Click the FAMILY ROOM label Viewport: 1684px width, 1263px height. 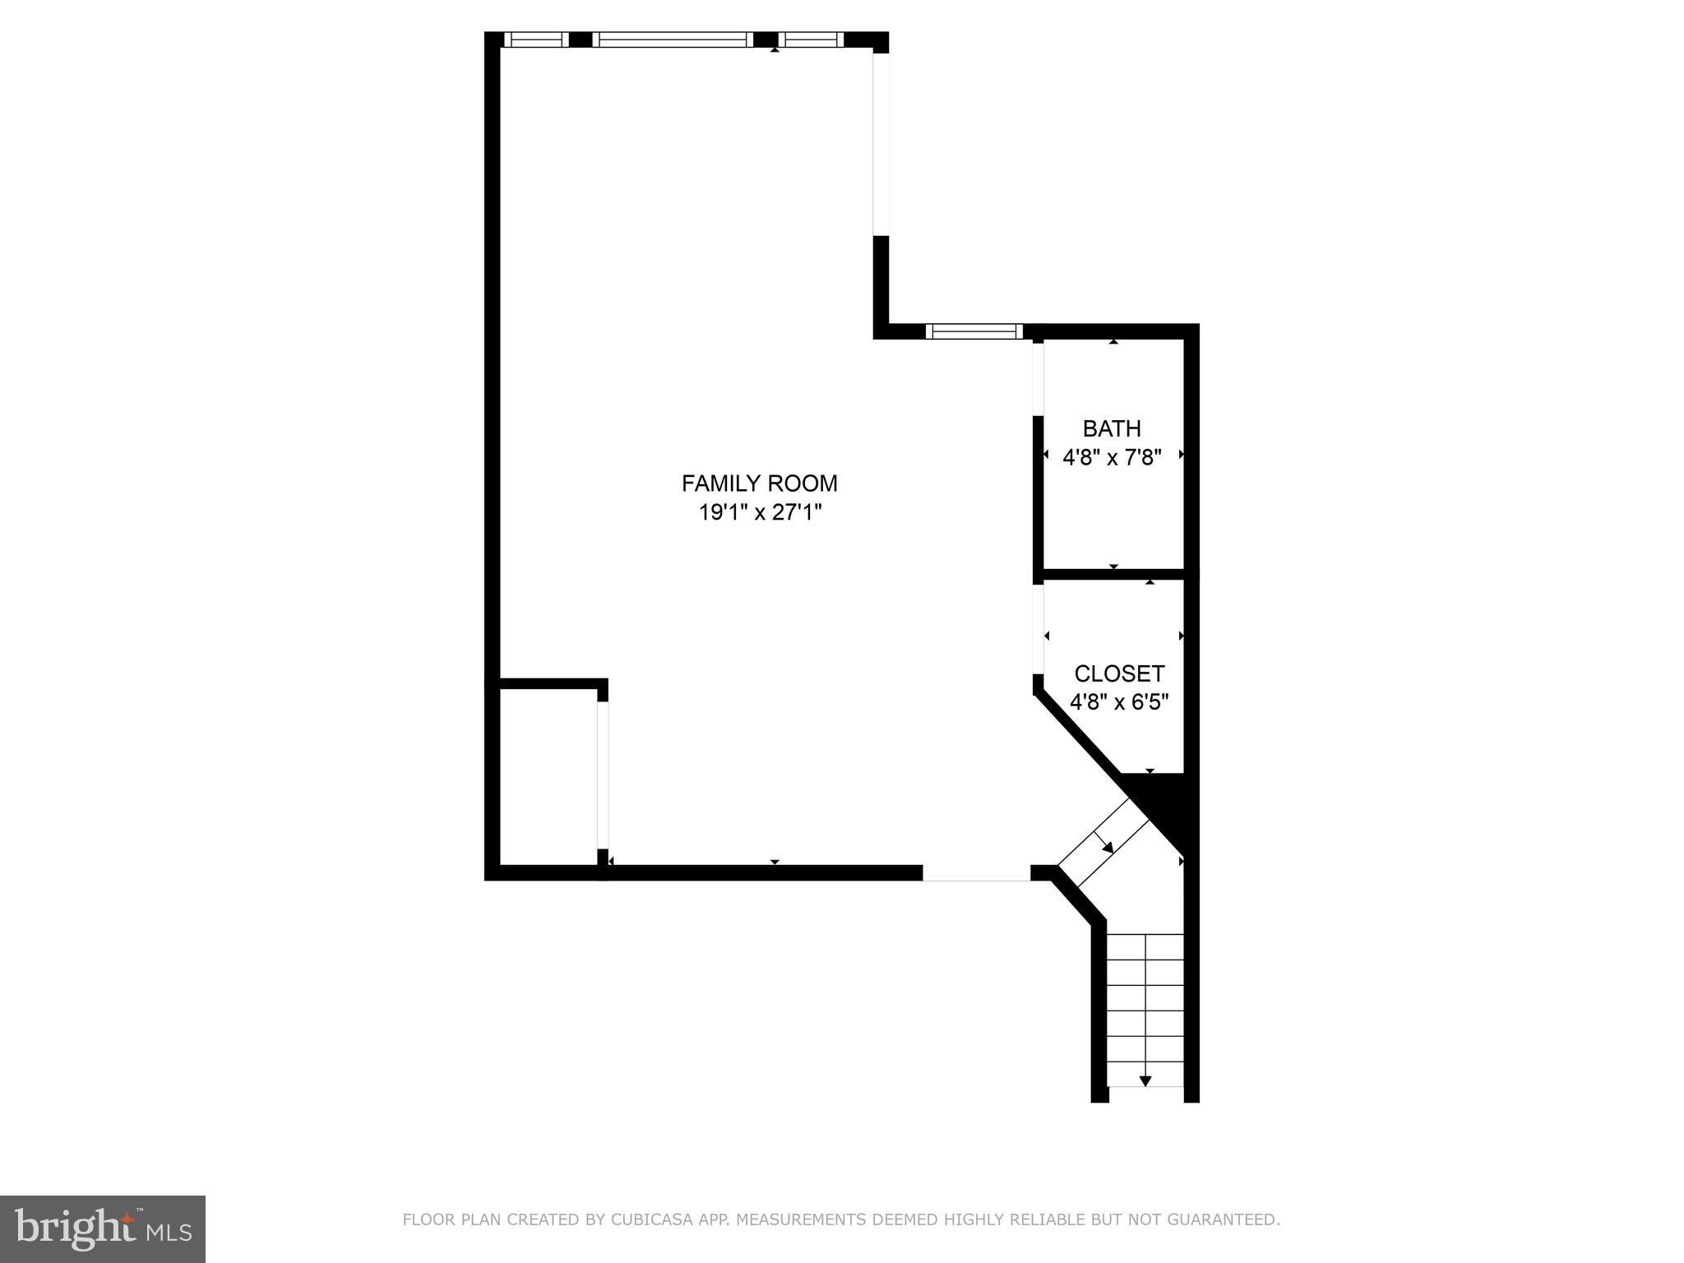[x=759, y=483]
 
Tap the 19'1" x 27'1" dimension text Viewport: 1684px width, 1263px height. [x=760, y=513]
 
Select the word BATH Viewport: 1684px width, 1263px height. [x=1112, y=428]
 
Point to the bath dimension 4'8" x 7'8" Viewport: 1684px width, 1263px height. [x=1112, y=457]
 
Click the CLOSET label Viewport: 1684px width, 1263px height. [x=1119, y=674]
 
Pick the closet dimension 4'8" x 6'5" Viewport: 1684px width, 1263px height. [x=1119, y=702]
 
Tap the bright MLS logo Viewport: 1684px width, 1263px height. [x=102, y=1228]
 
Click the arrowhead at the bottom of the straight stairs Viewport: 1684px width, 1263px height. [x=1145, y=1080]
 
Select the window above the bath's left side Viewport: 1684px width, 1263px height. [x=974, y=331]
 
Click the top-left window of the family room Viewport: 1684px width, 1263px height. [x=535, y=39]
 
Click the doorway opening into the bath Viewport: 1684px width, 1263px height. [x=1038, y=378]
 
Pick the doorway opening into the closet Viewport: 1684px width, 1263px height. [x=1038, y=629]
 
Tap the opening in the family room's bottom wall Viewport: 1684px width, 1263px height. [x=976, y=873]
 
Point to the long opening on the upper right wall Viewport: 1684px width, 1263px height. [x=881, y=144]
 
